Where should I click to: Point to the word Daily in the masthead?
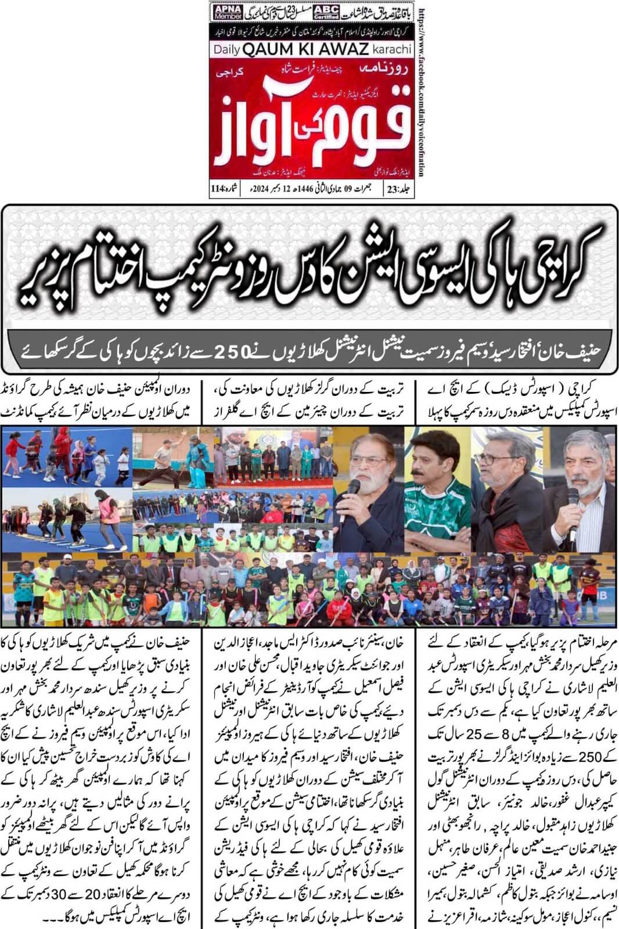tap(226, 50)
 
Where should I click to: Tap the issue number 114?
tap(218, 189)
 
